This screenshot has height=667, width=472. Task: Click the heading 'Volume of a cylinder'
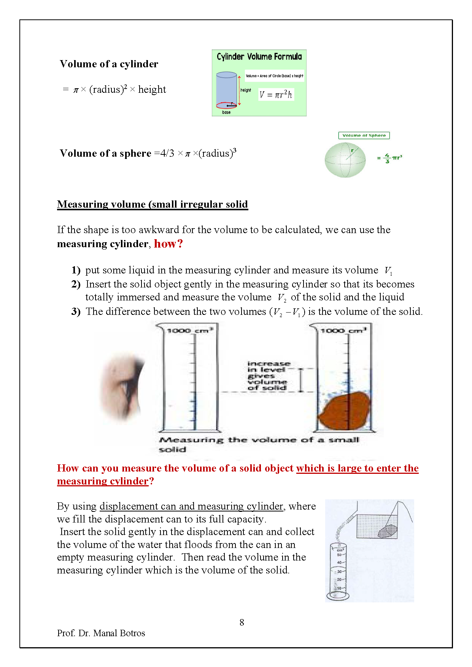tap(109, 64)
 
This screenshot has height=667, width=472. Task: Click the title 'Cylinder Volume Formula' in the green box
tap(259, 57)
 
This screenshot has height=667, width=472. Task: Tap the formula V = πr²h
tap(276, 95)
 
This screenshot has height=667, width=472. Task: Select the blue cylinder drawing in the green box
tap(227, 90)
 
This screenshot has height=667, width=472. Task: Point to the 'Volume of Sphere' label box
tap(364, 135)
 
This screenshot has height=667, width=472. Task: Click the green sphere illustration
tap(345, 160)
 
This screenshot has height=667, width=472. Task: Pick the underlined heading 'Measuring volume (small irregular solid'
tap(153, 204)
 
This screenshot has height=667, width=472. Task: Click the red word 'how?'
tap(168, 244)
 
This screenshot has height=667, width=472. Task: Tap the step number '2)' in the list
tap(76, 284)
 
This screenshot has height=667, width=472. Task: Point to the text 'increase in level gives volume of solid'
tap(268, 376)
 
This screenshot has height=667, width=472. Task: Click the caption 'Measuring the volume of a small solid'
tap(259, 444)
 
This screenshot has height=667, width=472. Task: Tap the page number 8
tap(242, 623)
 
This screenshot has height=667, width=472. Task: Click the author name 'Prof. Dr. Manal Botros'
tap(101, 633)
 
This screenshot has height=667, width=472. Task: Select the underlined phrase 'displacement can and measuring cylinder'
tap(192, 507)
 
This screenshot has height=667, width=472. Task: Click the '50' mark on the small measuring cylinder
tap(339, 555)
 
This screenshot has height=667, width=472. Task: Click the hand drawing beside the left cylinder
tap(122, 386)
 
